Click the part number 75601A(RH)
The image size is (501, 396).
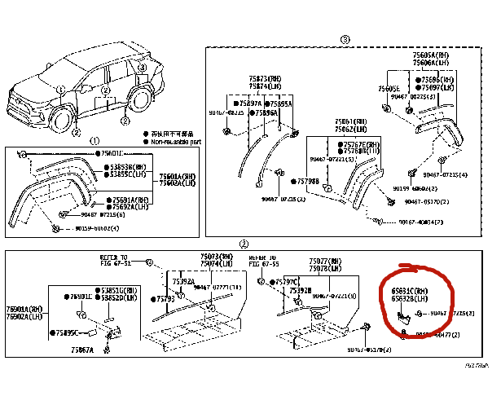pyautogui.click(x=177, y=176)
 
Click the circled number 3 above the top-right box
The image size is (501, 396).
pyautogui.click(x=345, y=39)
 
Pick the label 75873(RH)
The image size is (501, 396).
pyautogui.click(x=265, y=78)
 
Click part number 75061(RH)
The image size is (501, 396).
pyautogui.click(x=350, y=121)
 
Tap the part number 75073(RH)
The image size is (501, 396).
pyautogui.click(x=217, y=257)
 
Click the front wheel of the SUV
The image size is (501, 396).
pyautogui.click(x=60, y=121)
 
